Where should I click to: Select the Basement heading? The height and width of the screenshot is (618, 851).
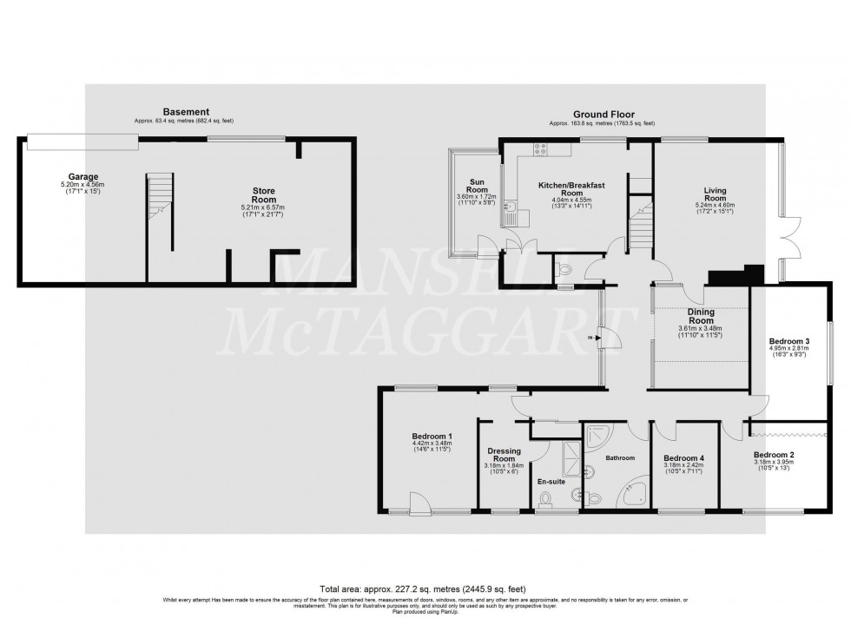point(186,112)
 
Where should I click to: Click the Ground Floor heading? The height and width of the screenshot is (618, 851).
point(603,114)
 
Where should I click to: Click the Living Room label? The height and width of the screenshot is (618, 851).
point(716,194)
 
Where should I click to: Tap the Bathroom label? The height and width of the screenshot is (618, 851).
point(620,457)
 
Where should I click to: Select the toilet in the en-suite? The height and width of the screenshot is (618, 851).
point(546,498)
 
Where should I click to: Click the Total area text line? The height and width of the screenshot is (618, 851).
point(425,587)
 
